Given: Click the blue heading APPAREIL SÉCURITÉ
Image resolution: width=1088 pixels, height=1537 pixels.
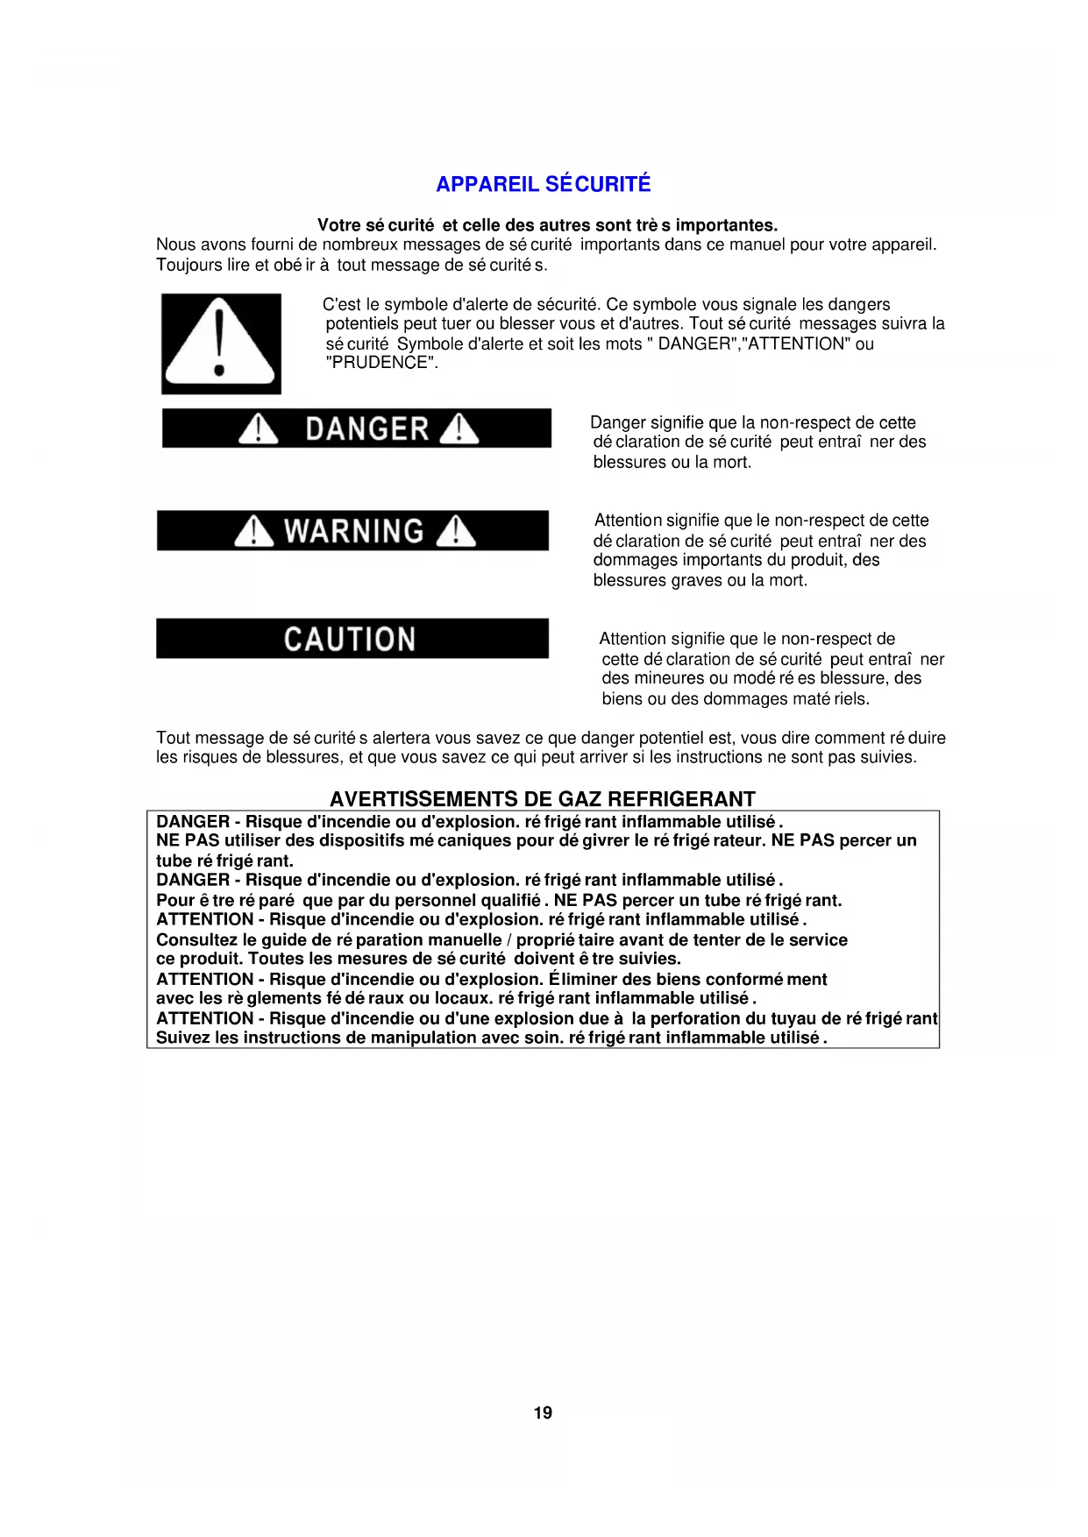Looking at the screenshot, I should click(543, 184).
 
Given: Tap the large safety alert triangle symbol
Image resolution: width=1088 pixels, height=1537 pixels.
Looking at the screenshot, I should click(220, 344).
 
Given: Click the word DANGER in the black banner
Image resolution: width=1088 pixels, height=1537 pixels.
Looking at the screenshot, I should click(366, 429).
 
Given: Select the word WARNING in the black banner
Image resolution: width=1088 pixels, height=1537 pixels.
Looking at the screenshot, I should click(354, 531).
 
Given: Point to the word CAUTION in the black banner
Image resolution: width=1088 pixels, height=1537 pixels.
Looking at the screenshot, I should click(350, 639).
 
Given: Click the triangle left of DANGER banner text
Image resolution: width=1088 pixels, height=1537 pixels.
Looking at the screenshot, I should click(258, 429).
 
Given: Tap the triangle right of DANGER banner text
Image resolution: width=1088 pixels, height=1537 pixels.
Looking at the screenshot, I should click(459, 429).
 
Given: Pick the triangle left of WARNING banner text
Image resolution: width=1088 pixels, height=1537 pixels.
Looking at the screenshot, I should click(253, 531).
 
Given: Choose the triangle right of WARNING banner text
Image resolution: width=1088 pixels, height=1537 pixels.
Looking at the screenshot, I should click(456, 531).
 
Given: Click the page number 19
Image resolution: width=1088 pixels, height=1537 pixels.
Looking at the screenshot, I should click(543, 1413).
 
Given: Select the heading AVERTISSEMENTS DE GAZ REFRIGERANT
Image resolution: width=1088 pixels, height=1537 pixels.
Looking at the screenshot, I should click(542, 799).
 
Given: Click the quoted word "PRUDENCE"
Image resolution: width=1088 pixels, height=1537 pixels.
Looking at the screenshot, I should click(381, 363).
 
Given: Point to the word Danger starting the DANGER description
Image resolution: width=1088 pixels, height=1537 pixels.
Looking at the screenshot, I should click(617, 422).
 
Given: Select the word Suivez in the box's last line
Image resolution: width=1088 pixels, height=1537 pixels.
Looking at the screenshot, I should click(182, 1038).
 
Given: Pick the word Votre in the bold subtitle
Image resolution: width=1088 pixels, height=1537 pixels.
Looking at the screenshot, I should click(338, 225).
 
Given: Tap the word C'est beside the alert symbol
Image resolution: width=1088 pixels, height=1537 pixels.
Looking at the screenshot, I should click(341, 304).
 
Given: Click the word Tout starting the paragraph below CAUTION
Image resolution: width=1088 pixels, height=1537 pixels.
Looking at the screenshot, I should click(173, 738).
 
